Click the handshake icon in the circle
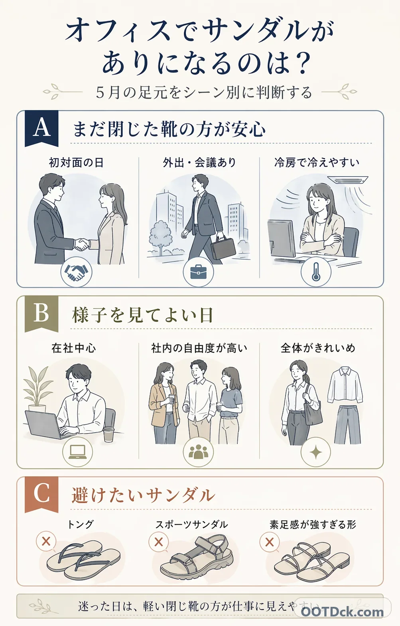pos(76,272)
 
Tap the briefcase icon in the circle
pos(198,272)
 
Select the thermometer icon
pos(316,272)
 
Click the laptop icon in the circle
pos(77,452)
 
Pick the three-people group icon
pos(198,452)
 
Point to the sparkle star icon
pos(316,452)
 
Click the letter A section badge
pos(41,128)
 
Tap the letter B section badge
pos(41,313)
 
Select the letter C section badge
pos(41,493)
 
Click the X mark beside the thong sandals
pos(46,542)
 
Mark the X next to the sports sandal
pos(159,542)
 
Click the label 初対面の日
pos(76,162)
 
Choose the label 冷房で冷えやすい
pos(317,162)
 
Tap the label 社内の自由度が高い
pos(199,348)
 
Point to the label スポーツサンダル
pos(191,524)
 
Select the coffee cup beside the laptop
pos(109,434)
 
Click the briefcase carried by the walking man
pos(223,248)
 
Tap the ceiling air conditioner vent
pos(351,180)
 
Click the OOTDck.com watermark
pos(342,612)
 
